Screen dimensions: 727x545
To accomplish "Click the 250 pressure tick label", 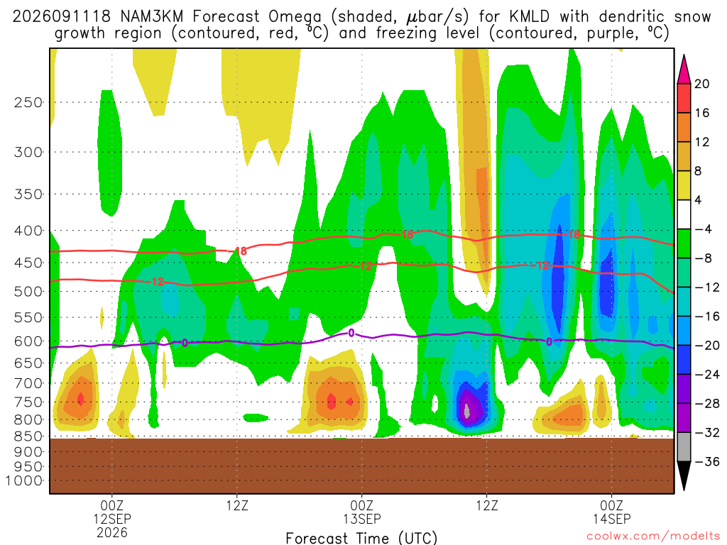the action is tap(28, 102).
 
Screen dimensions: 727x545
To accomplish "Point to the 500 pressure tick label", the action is tap(28, 292).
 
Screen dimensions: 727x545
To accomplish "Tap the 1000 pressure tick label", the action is tap(24, 481).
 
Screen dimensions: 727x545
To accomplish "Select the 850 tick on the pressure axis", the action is tap(28, 436).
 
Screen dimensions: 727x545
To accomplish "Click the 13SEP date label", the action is tap(361, 519).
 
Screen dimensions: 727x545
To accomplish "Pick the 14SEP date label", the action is tap(611, 519).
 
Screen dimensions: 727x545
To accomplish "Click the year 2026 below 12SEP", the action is tap(112, 532).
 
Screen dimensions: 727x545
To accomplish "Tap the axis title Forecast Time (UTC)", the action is tap(361, 538).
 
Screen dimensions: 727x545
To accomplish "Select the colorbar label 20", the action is tap(701, 84).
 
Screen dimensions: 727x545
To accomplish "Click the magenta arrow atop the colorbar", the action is tap(684, 70).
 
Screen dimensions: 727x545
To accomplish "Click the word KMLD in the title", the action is tap(529, 17).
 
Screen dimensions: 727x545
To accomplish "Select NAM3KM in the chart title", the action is tap(152, 17).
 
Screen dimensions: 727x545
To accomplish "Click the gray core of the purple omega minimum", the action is tap(467, 411).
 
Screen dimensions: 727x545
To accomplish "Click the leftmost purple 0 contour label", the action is tap(185, 343).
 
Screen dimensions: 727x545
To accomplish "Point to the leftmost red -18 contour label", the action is tap(241, 251).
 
